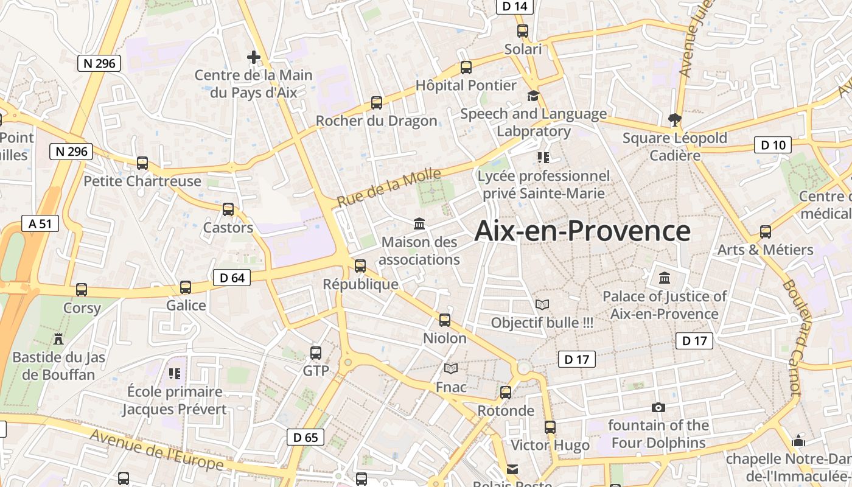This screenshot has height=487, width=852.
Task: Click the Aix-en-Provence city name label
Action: [582, 231]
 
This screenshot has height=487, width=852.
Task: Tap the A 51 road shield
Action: [40, 223]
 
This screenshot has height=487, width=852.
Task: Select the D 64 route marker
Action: [232, 278]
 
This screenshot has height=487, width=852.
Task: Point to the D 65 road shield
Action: [306, 437]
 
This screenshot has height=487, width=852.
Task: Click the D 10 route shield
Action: [773, 145]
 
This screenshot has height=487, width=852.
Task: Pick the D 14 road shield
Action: [515, 7]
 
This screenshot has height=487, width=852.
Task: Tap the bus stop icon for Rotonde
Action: [506, 393]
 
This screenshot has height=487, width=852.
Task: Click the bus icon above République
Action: [360, 266]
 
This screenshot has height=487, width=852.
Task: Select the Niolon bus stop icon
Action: [445, 320]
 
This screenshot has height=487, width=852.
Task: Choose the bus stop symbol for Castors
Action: [228, 209]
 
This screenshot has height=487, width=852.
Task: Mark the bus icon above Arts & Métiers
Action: [766, 232]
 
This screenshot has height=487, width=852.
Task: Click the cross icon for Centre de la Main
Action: [254, 57]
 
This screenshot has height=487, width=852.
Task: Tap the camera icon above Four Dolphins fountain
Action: [658, 407]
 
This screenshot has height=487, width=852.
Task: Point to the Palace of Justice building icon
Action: [665, 278]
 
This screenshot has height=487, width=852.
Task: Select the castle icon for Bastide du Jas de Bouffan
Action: [58, 338]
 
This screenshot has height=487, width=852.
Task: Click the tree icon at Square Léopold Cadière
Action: [674, 119]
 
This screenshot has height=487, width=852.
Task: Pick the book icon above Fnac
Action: [451, 368]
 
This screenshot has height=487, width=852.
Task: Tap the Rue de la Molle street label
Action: [389, 187]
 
